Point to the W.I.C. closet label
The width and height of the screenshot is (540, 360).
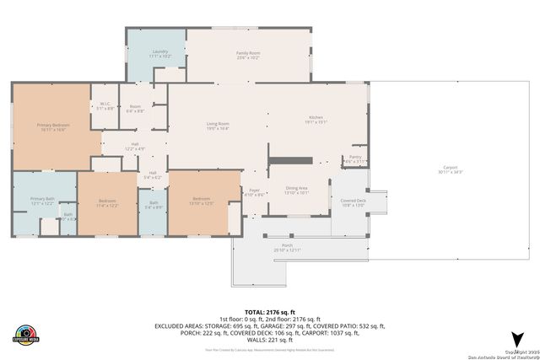click(105, 105)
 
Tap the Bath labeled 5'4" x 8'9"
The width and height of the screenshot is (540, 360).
click(153, 205)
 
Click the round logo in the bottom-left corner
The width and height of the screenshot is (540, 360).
click(26, 334)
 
